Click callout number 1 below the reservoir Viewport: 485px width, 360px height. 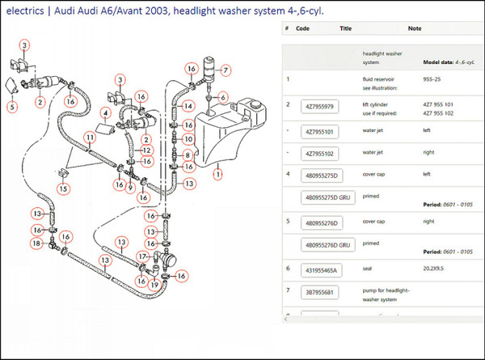[217, 172]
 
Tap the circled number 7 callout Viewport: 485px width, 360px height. [226, 70]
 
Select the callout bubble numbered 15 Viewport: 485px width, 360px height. [63, 188]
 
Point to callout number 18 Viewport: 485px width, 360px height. [36, 243]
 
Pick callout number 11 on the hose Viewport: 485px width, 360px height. [90, 139]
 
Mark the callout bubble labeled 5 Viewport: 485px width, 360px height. [12, 107]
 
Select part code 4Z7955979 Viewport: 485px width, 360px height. [319, 107]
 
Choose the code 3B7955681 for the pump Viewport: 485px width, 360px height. [319, 292]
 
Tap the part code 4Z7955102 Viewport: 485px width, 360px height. [320, 152]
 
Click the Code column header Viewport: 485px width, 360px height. [303, 28]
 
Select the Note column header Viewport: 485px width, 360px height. [415, 28]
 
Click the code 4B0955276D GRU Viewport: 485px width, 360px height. [327, 244]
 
